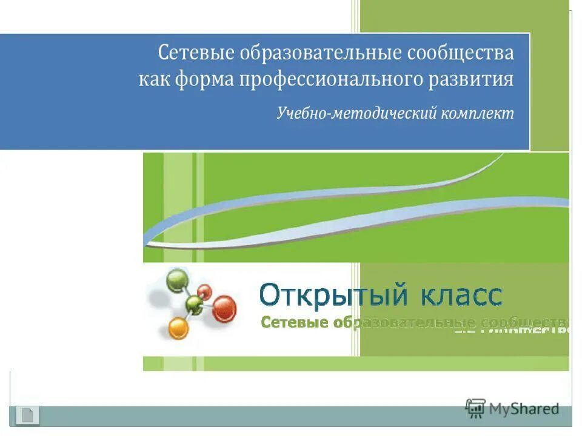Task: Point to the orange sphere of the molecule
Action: pos(178,329)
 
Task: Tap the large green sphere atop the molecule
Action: pos(176,281)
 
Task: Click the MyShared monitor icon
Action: pos(475,408)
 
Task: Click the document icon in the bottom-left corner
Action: pos(27,415)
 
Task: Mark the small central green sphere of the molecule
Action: pos(194,303)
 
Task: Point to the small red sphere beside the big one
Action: pos(205,291)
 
